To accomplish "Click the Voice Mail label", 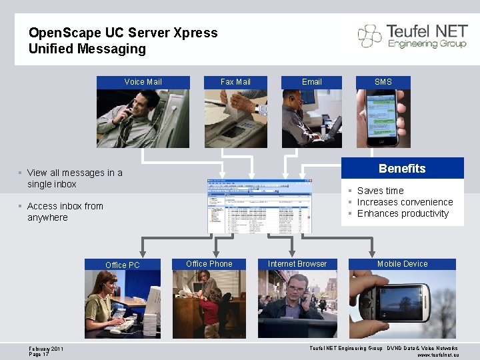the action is click(x=143, y=82).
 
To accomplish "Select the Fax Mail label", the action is click(x=235, y=82).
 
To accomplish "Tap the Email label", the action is click(x=311, y=82).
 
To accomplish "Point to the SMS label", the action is click(x=383, y=82).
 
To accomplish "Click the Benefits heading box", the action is click(x=402, y=169).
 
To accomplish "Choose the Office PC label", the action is click(x=123, y=265).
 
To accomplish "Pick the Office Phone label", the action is click(x=209, y=264).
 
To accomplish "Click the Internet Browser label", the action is click(x=297, y=264).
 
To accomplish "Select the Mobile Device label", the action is click(x=403, y=264).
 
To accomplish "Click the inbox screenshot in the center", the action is click(x=259, y=206).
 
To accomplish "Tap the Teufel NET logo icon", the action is click(x=369, y=36).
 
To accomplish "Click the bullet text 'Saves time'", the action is click(x=380, y=191).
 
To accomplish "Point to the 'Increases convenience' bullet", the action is click(x=405, y=202).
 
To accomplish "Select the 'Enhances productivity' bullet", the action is click(x=403, y=213).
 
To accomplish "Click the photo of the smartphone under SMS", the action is click(x=383, y=118).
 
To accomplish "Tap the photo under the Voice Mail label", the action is click(x=143, y=118).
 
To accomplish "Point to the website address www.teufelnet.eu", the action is click(x=437, y=355).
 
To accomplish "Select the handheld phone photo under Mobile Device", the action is click(x=403, y=304).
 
